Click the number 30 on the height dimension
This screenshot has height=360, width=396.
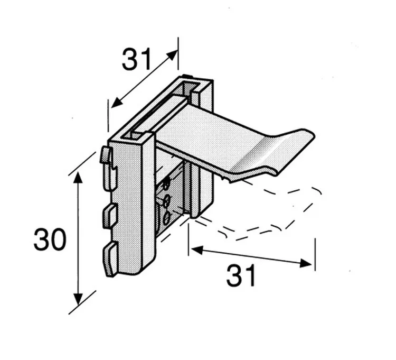tap(50, 239)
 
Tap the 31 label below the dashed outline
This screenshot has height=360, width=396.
tap(241, 275)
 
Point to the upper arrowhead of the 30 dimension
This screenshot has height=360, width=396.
tap(78, 178)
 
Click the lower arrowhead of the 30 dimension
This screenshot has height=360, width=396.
tap(78, 299)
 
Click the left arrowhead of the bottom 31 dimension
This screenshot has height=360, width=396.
tap(197, 250)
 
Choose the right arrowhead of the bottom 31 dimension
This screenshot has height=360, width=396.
tap(306, 263)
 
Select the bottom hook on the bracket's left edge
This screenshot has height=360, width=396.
tap(110, 259)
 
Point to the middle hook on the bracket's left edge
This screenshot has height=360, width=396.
tap(110, 216)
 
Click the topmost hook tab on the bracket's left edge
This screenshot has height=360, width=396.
tap(106, 155)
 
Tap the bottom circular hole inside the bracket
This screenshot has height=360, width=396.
tap(166, 218)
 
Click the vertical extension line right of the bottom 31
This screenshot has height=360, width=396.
tap(315, 254)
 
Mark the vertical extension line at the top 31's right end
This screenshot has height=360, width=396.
tap(178, 53)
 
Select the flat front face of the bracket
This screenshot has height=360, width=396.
tap(131, 207)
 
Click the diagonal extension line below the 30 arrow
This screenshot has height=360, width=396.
tap(82, 302)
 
